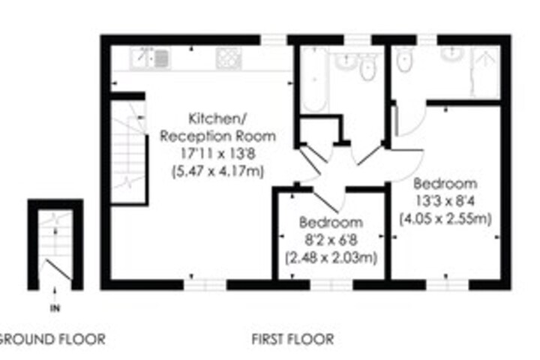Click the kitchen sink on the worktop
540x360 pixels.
150,58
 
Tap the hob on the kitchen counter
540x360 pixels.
229,58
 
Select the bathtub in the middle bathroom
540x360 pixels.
313,79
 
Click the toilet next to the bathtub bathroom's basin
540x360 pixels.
367,67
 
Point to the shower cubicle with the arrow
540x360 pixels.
485,72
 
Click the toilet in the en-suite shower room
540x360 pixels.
404,59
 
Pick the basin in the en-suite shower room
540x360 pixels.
452,54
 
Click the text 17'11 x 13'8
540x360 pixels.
217,153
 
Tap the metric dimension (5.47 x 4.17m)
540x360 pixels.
218,171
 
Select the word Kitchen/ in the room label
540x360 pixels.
217,118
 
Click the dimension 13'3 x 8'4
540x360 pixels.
445,201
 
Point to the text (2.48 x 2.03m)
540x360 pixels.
331,258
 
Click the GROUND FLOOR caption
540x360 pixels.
52,339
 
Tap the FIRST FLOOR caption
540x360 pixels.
292,339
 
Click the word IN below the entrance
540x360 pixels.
55,308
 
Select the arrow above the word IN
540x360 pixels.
55,294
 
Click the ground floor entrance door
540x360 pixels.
58,270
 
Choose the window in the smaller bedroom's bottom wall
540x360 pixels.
331,285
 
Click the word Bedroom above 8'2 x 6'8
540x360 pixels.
331,223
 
